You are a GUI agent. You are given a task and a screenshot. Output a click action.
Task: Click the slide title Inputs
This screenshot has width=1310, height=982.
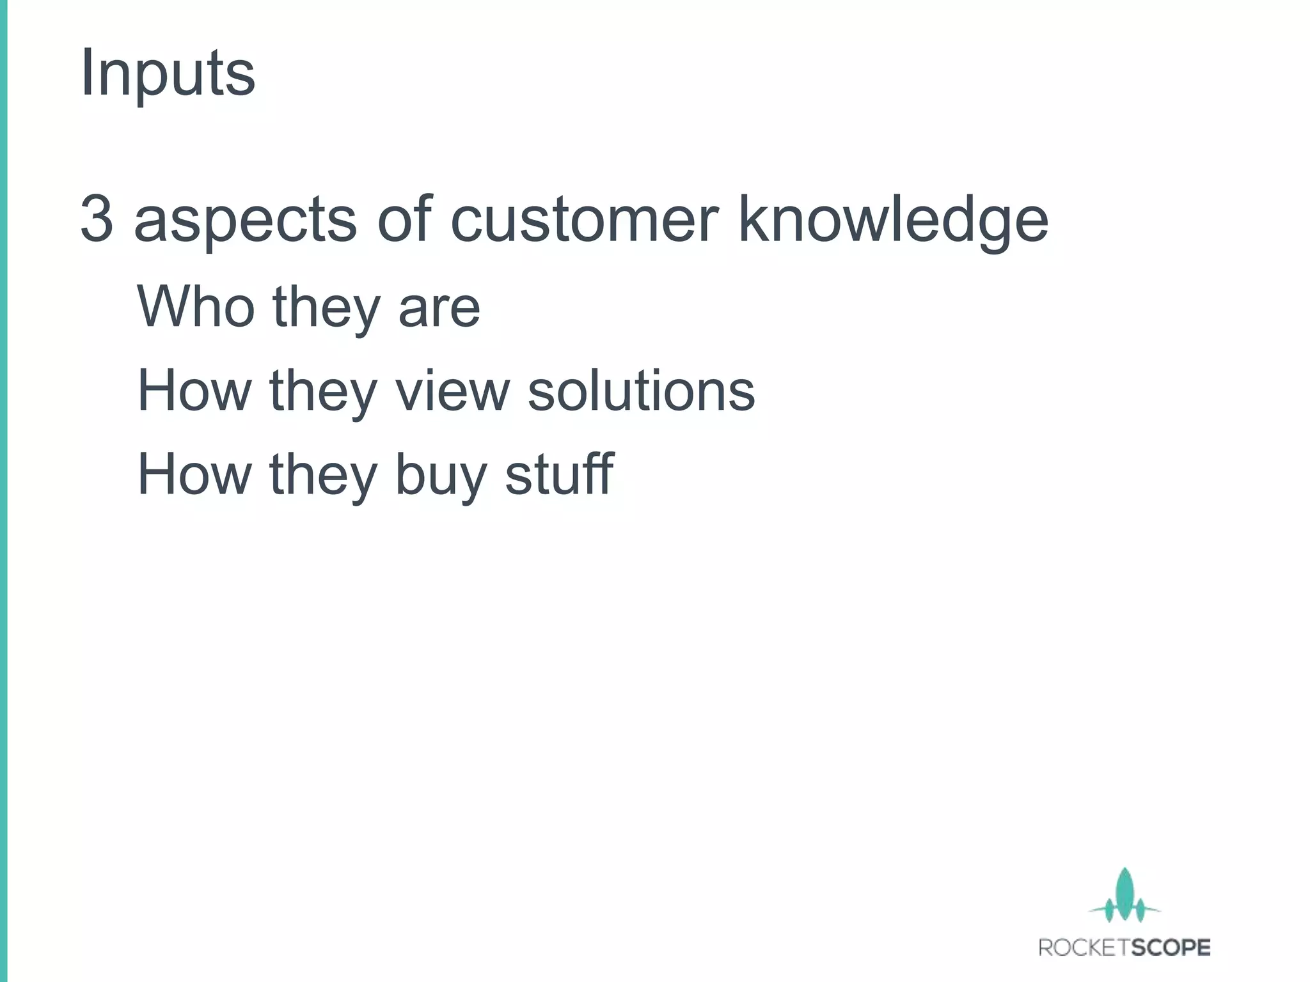pyautogui.click(x=168, y=74)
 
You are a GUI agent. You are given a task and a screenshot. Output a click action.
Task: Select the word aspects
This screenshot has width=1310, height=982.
pyautogui.click(x=245, y=221)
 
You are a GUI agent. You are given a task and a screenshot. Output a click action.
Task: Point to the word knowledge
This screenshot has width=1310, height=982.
pyautogui.click(x=893, y=221)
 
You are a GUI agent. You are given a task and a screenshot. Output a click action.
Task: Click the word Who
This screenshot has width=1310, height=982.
pyautogui.click(x=194, y=307)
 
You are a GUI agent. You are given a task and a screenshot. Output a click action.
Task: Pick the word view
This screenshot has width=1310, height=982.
pyautogui.click(x=452, y=391)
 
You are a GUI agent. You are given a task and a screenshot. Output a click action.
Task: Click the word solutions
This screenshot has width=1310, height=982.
pyautogui.click(x=641, y=391)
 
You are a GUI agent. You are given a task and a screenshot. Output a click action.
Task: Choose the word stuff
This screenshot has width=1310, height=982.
pyautogui.click(x=559, y=474)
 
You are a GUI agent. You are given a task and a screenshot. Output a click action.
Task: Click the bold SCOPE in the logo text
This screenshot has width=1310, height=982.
pyautogui.click(x=1167, y=947)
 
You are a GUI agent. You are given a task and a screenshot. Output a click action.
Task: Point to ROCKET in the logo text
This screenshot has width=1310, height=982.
pyautogui.click(x=1080, y=947)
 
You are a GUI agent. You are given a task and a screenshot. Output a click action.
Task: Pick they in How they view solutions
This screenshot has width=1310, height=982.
pyautogui.click(x=323, y=392)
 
